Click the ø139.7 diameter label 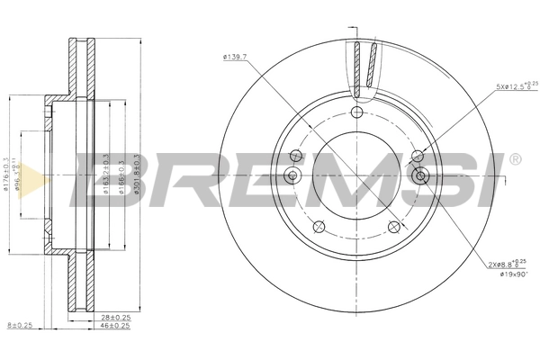tap(236, 58)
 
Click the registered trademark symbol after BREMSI tap(514, 159)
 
